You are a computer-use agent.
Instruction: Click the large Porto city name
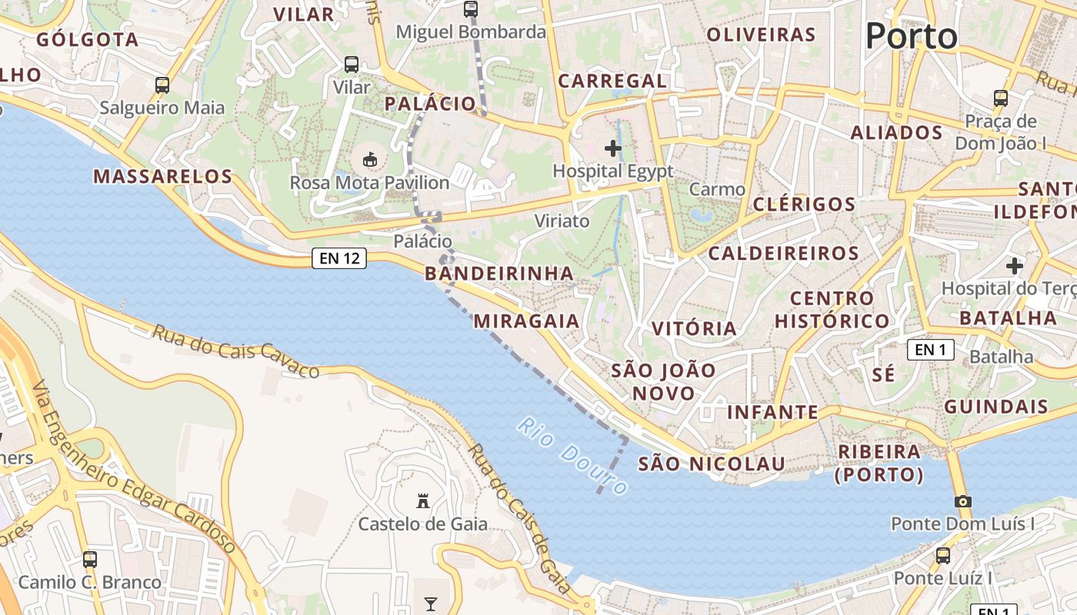click(912, 36)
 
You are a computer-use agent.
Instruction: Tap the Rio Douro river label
click(573, 455)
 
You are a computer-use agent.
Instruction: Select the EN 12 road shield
click(339, 258)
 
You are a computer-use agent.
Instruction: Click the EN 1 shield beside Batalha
click(930, 351)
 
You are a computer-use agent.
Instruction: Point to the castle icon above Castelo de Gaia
click(422, 501)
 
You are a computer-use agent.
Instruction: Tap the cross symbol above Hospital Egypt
click(613, 148)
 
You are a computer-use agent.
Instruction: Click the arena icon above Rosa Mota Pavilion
click(369, 160)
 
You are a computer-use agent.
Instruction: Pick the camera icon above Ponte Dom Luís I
click(962, 501)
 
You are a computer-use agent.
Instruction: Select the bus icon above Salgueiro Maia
click(162, 85)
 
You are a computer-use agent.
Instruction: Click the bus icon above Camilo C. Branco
click(90, 559)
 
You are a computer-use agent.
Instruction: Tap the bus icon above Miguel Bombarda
click(471, 9)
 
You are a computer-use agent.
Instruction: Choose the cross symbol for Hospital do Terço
click(1015, 266)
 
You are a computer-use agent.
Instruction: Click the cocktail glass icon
click(431, 603)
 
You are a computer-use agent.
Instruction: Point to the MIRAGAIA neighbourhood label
click(526, 321)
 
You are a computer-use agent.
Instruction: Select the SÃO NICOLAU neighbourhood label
click(712, 464)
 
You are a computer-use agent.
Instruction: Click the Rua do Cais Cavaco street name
click(235, 352)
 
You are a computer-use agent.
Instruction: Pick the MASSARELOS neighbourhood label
click(163, 176)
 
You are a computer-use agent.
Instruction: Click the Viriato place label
click(562, 221)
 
